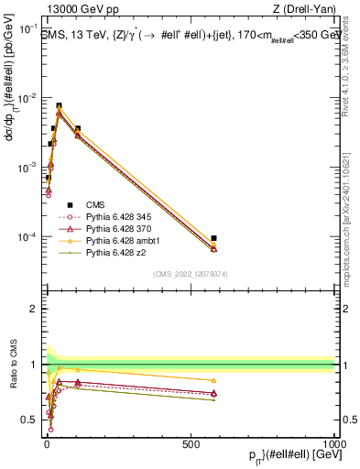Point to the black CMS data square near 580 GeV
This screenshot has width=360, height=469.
coord(213,238)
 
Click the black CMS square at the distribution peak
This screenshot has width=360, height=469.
coord(59,106)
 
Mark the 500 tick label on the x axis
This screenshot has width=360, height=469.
coord(190,444)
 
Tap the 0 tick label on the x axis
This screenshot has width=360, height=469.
coord(46,444)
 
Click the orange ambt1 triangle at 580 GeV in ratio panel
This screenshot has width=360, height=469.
coord(213,380)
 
